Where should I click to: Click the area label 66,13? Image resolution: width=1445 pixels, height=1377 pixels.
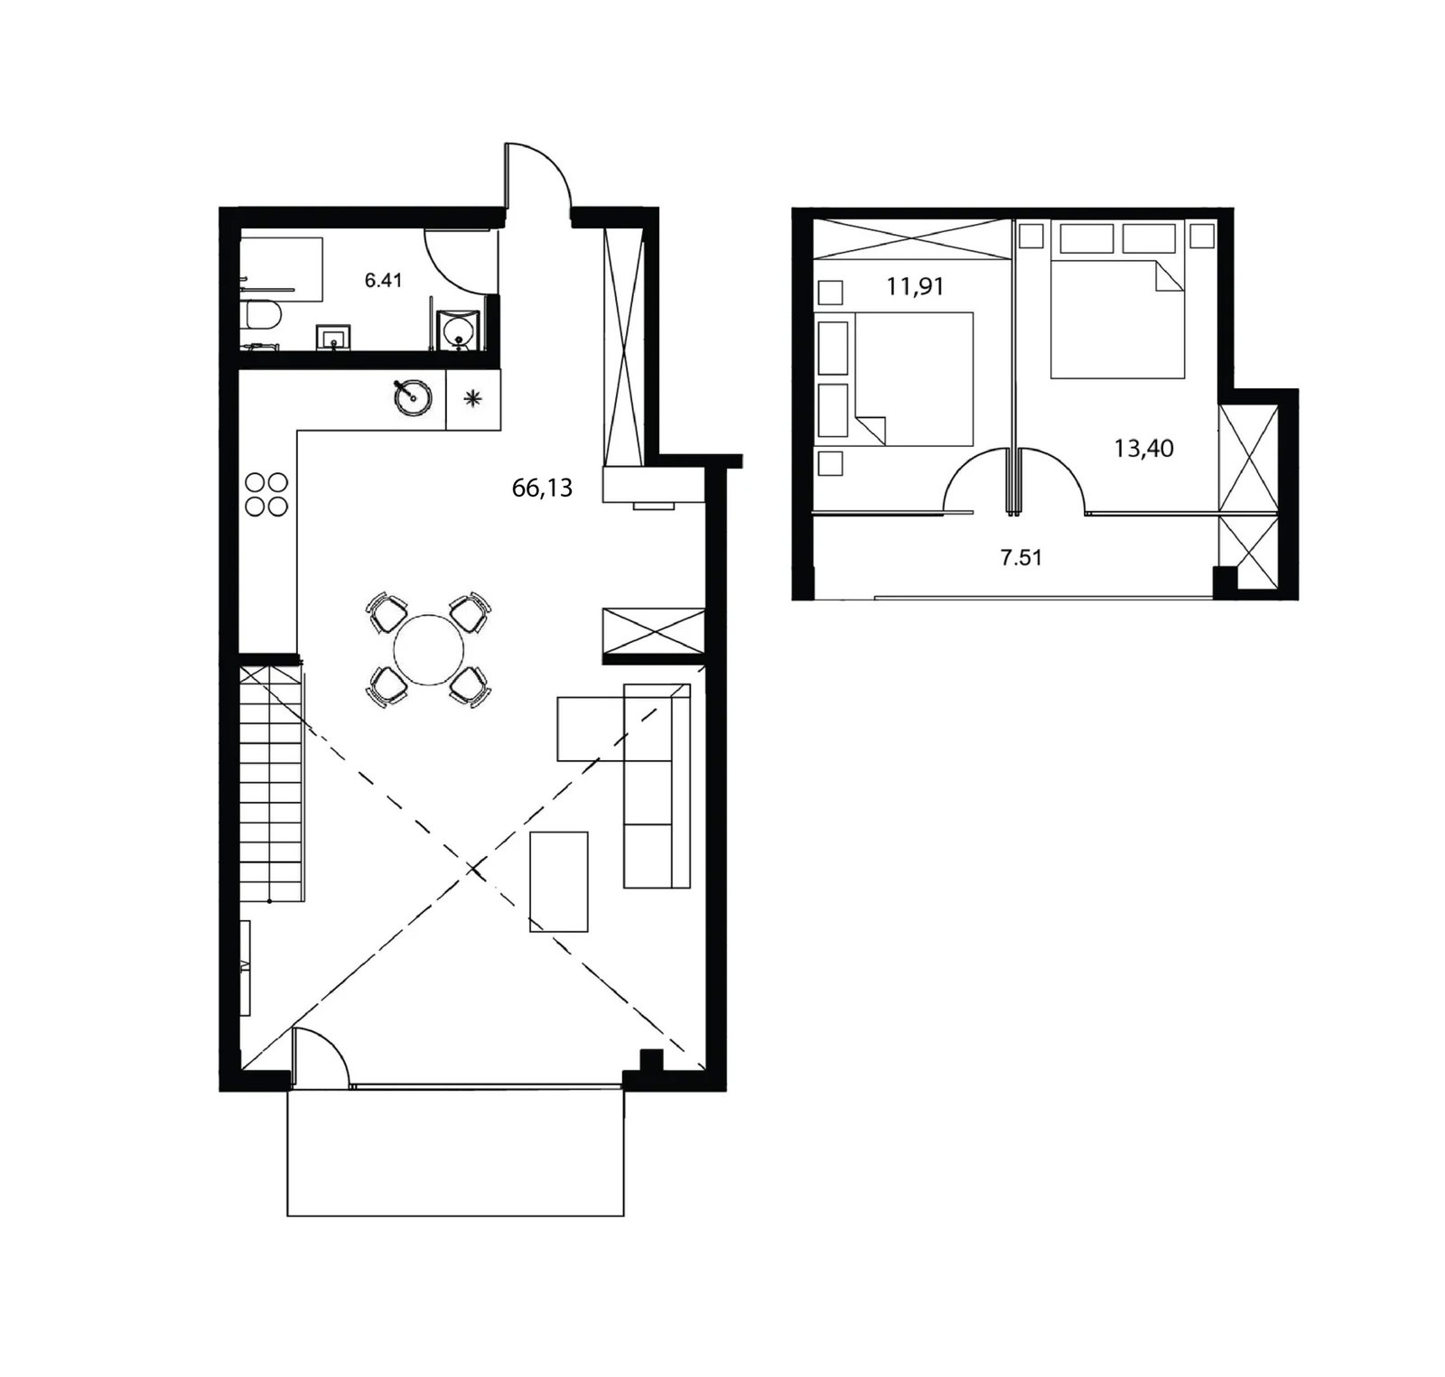(x=542, y=488)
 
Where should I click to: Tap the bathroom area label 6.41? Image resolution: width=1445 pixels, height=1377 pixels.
(x=383, y=280)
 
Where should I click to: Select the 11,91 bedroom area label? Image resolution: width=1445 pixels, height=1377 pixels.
(x=915, y=287)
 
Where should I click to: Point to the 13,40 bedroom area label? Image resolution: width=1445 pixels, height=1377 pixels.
(x=1143, y=448)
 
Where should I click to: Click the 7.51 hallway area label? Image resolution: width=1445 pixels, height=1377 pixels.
(x=1021, y=557)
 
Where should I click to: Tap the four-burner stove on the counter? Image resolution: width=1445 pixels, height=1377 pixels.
(x=266, y=494)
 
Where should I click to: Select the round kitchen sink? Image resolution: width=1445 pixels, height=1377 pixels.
(x=413, y=396)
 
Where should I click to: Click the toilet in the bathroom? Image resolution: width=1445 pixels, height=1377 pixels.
(x=263, y=315)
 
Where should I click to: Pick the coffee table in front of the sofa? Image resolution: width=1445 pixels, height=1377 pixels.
(x=559, y=881)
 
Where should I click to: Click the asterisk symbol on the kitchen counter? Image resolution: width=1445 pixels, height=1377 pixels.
(x=472, y=398)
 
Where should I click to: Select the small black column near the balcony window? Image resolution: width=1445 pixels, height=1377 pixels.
(x=649, y=1060)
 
